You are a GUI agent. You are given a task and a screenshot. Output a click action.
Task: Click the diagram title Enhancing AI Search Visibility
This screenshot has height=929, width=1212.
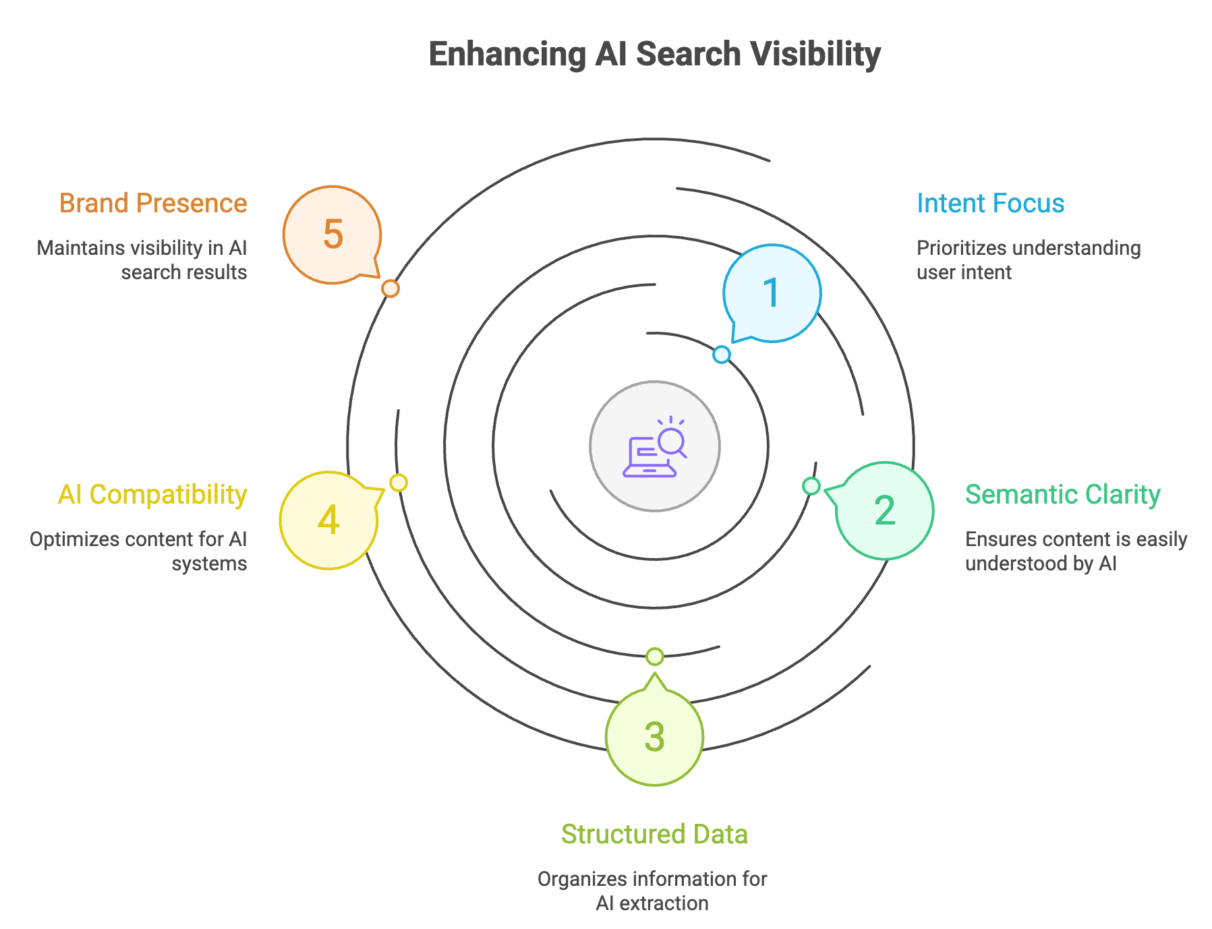pos(654,54)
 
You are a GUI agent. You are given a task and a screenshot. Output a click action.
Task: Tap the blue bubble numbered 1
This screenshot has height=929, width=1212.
pos(772,293)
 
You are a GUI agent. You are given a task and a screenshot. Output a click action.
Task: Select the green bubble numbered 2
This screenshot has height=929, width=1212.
pos(884,510)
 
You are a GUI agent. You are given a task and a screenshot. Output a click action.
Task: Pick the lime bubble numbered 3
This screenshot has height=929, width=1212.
pos(654,736)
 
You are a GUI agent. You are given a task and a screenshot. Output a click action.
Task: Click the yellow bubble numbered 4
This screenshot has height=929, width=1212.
pos(328,520)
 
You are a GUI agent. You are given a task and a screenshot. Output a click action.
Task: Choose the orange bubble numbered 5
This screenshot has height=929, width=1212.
pos(333,235)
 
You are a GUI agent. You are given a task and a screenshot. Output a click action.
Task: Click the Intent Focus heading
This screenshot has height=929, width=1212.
pos(990,204)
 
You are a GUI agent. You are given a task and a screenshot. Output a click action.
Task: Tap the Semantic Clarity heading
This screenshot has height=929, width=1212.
pos(1062,495)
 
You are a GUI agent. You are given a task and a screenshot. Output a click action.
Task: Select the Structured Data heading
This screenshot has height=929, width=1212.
pos(654,835)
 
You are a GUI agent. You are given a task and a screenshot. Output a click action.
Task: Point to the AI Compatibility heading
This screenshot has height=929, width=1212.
pos(152,495)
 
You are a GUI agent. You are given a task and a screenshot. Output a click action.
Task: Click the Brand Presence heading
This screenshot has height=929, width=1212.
pos(153,204)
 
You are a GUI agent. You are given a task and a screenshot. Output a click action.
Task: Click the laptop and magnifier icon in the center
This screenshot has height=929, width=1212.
pos(654,446)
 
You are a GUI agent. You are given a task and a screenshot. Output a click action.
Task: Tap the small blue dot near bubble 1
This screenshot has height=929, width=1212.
pos(722,354)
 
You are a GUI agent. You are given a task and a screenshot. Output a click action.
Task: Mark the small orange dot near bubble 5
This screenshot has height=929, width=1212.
pos(390,289)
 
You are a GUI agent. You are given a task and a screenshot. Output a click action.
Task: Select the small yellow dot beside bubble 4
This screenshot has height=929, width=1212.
pos(399,483)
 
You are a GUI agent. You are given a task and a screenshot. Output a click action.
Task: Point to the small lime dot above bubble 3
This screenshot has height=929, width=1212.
pos(654,656)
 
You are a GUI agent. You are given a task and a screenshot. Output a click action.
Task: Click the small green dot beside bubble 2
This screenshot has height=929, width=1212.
pos(811,485)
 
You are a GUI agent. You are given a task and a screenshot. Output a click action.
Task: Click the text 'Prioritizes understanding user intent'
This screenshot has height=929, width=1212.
pos(1028,260)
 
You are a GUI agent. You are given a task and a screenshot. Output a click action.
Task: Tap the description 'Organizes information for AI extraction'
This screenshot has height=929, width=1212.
pos(652,891)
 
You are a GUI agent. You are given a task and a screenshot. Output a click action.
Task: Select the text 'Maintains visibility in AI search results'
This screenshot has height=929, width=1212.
pos(142,260)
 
